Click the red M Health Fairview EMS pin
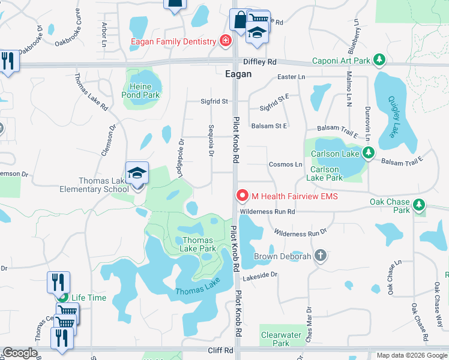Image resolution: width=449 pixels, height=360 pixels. pyautogui.click(x=243, y=196)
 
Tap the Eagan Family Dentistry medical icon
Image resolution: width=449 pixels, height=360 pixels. pyautogui.click(x=225, y=41)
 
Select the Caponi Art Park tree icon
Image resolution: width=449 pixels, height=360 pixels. pyautogui.click(x=379, y=61)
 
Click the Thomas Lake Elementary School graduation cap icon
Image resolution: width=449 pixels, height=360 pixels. pyautogui.click(x=137, y=173)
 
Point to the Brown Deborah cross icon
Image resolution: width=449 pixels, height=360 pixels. pyautogui.click(x=321, y=256)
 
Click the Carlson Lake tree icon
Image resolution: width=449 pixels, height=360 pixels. pyautogui.click(x=368, y=153)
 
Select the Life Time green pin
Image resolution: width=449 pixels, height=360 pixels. pyautogui.click(x=62, y=296)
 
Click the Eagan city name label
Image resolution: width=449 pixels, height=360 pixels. pyautogui.click(x=237, y=74)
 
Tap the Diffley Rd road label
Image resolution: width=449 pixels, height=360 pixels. pyautogui.click(x=259, y=62)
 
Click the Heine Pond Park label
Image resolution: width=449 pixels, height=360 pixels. pyautogui.click(x=140, y=91)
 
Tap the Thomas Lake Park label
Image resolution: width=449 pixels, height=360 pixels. pyautogui.click(x=195, y=244)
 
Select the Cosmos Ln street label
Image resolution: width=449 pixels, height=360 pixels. pyautogui.click(x=285, y=164)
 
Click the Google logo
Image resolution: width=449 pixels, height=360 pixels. pyautogui.click(x=20, y=353)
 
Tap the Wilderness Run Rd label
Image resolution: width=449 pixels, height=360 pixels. pyautogui.click(x=267, y=211)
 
